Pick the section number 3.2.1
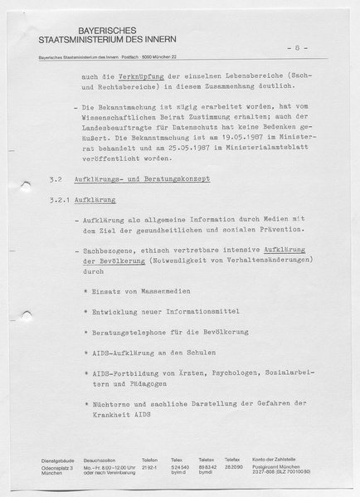59,200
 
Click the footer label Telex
177,459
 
